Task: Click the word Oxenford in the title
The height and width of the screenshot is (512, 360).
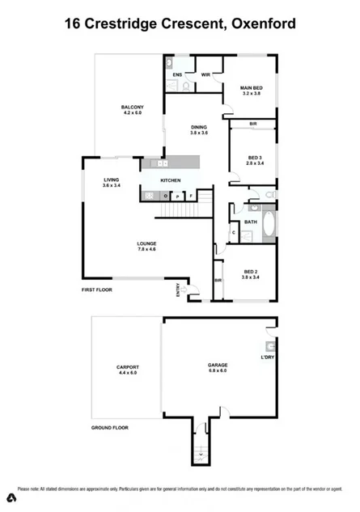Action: [260, 24]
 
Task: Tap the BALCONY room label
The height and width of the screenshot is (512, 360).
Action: [133, 108]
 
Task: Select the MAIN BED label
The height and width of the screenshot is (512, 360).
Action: [252, 87]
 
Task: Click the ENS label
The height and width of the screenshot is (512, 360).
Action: [176, 74]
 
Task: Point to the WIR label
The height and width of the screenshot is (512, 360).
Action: [205, 74]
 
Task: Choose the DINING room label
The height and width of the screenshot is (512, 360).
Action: [199, 127]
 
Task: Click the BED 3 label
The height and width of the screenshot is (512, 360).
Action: [255, 157]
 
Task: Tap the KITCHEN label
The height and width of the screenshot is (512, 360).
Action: [170, 180]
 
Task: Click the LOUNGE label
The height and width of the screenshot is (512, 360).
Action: [146, 243]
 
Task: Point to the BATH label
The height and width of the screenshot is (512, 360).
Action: [251, 221]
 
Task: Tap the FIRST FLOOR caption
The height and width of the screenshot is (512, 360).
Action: [99, 289]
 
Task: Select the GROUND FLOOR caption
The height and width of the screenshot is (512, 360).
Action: [110, 427]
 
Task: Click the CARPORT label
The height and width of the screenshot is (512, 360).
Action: [128, 366]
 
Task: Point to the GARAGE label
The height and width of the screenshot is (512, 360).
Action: [218, 366]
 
